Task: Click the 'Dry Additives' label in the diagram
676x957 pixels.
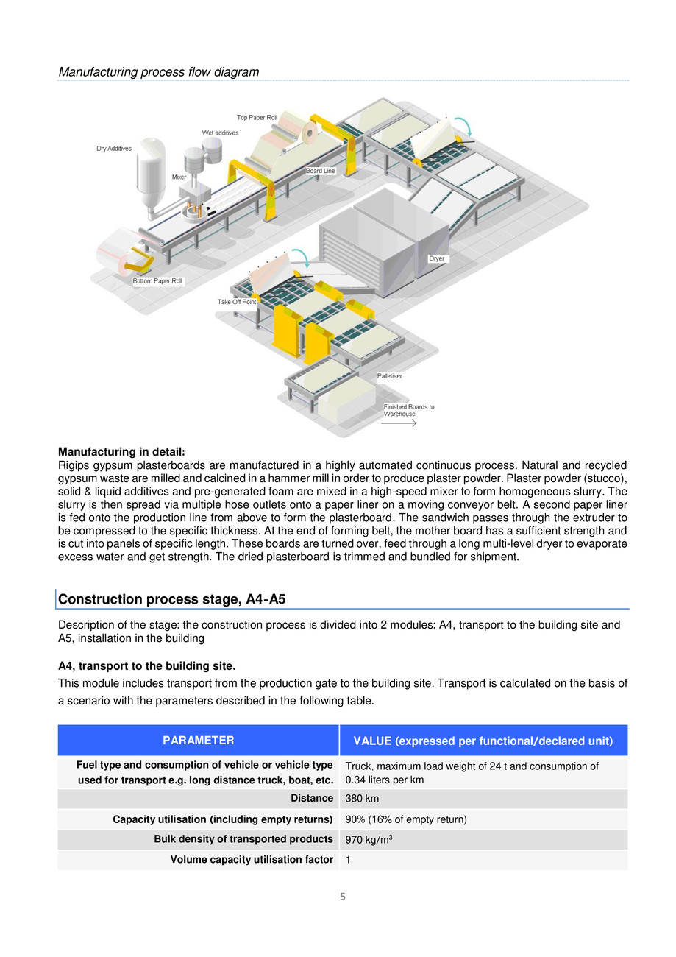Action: pyautogui.click(x=114, y=149)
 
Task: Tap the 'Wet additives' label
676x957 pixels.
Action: pyautogui.click(x=220, y=133)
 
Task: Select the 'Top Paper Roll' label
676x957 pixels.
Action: pyautogui.click(x=257, y=117)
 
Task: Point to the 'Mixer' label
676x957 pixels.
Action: pyautogui.click(x=179, y=177)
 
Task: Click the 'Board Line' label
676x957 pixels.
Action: pyautogui.click(x=320, y=171)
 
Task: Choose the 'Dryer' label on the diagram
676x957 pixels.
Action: pyautogui.click(x=437, y=259)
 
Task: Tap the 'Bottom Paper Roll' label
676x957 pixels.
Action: pyautogui.click(x=157, y=281)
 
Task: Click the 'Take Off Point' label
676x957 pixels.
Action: pyautogui.click(x=236, y=302)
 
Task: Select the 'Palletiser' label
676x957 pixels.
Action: pyautogui.click(x=389, y=376)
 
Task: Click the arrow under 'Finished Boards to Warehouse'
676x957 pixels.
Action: pyautogui.click(x=399, y=423)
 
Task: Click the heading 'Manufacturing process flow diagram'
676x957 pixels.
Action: pyautogui.click(x=158, y=72)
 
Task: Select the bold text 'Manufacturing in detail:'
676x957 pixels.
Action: pyautogui.click(x=121, y=451)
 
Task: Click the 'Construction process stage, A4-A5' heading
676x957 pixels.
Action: pyautogui.click(x=171, y=599)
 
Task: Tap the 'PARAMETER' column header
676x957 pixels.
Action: pyautogui.click(x=199, y=741)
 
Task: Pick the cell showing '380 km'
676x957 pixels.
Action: pyautogui.click(x=358, y=799)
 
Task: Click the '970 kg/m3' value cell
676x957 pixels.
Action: pyautogui.click(x=364, y=839)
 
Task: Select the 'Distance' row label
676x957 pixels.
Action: pyautogui.click(x=312, y=799)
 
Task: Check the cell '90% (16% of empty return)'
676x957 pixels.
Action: pyautogui.click(x=406, y=819)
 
